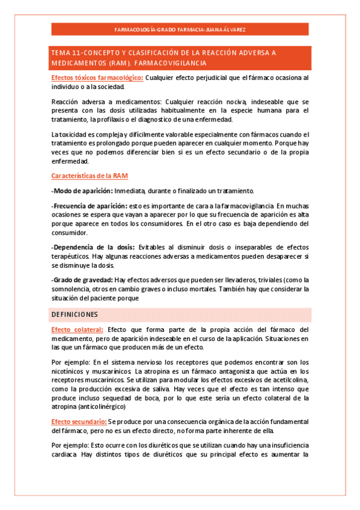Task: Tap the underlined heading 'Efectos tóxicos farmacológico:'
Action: click(x=97, y=78)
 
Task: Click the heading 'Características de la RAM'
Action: click(x=89, y=176)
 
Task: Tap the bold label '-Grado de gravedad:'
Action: click(x=82, y=280)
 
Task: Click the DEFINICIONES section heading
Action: click(x=75, y=315)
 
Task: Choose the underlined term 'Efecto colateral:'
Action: click(x=77, y=330)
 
